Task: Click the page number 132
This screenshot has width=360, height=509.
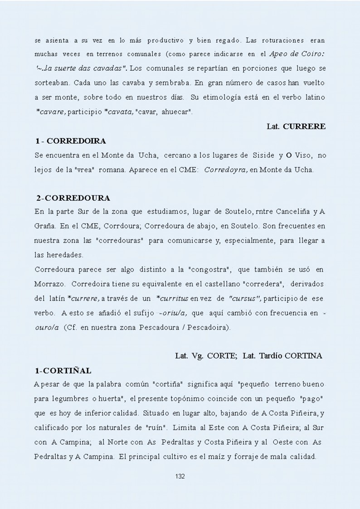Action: coord(180,476)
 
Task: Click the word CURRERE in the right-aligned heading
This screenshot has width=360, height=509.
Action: coord(304,126)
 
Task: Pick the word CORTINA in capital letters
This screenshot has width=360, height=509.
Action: coord(306,356)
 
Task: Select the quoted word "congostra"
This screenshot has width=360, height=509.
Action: coord(212,270)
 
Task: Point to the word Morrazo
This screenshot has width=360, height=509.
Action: coord(49,284)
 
